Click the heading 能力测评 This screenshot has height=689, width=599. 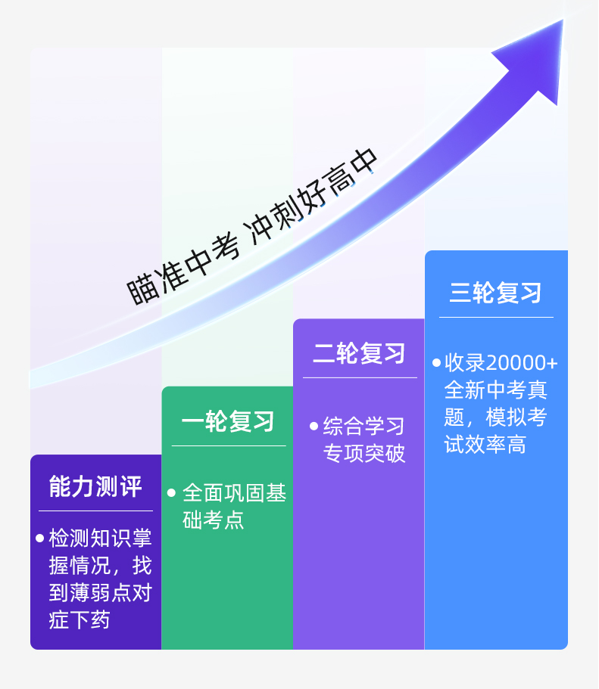pyautogui.click(x=95, y=486)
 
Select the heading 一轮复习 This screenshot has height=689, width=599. pyautogui.click(x=228, y=421)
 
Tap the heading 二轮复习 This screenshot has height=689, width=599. pyautogui.click(x=359, y=353)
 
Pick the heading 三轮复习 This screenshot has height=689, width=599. pyautogui.click(x=496, y=293)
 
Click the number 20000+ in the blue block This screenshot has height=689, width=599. pyautogui.click(x=522, y=363)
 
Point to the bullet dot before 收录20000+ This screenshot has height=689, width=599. pyautogui.click(x=436, y=363)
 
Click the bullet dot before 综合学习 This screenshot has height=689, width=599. pyautogui.click(x=314, y=426)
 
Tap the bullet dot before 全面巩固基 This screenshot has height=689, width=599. pyautogui.click(x=171, y=493)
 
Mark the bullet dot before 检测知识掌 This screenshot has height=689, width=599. pyautogui.click(x=39, y=538)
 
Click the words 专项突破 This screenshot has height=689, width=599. pyautogui.click(x=364, y=453)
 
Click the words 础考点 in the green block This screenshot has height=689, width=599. pyautogui.click(x=214, y=520)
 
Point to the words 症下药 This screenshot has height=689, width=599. pyautogui.click(x=79, y=620)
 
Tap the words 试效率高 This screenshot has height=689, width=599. pyautogui.click(x=485, y=444)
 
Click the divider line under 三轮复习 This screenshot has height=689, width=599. pyautogui.click(x=496, y=317)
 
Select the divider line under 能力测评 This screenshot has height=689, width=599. pyautogui.click(x=95, y=511)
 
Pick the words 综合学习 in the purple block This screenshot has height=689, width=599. pyautogui.click(x=363, y=426)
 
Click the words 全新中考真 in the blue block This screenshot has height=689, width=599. pyautogui.click(x=496, y=390)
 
